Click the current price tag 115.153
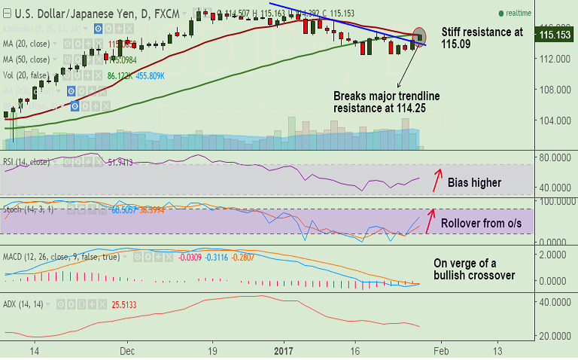pyautogui.click(x=553, y=35)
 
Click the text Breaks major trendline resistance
pyautogui.click(x=386, y=102)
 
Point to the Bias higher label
pyautogui.click(x=474, y=182)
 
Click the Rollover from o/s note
pyautogui.click(x=480, y=224)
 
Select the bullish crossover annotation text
pyautogui.click(x=474, y=270)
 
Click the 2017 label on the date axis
pyautogui.click(x=283, y=350)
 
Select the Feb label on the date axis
pyautogui.click(x=441, y=350)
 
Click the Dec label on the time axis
pyautogui.click(x=126, y=350)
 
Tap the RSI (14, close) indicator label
pyautogui.click(x=29, y=162)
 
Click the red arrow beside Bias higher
pyautogui.click(x=434, y=180)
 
